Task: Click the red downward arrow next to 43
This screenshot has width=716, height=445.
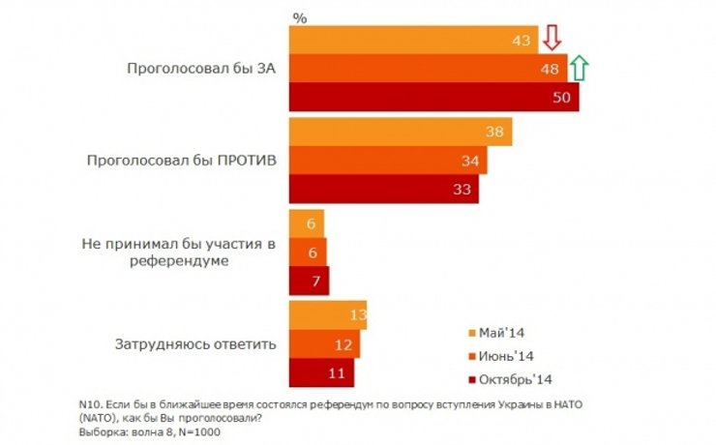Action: (552, 39)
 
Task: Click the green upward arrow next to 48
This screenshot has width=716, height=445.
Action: (580, 68)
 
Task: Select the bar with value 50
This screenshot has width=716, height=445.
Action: (434, 97)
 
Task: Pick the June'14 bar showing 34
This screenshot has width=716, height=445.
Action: (388, 161)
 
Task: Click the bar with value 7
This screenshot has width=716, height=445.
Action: (310, 281)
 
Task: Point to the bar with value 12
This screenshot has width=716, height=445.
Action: (325, 344)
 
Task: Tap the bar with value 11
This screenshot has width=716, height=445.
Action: (322, 372)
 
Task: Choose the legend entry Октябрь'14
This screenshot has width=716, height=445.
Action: (522, 378)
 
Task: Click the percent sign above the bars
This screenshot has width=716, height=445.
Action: (299, 17)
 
